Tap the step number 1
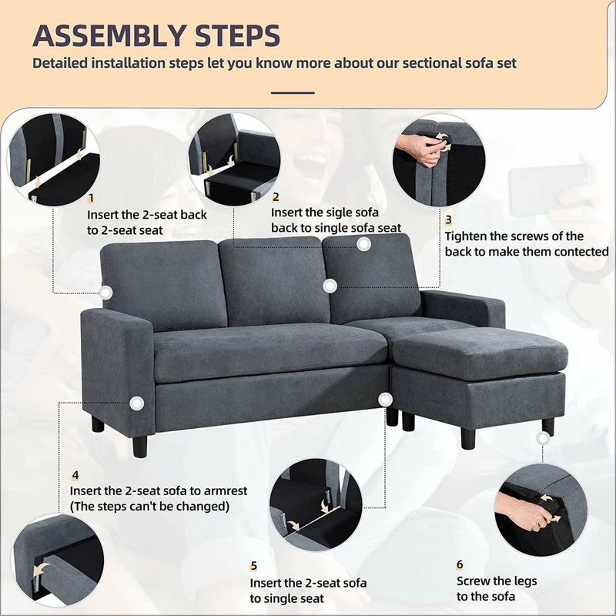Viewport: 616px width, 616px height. coord(91,199)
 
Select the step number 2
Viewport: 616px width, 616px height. coord(275,197)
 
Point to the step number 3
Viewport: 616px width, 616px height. coord(449,220)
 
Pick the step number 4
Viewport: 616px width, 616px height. coord(75,474)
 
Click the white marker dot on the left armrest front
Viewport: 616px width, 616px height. coord(137,403)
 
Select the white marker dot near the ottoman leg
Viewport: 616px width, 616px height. coord(543,437)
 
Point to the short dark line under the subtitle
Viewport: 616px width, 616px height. coord(293,92)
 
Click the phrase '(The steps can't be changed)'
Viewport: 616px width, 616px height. coord(149,506)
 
